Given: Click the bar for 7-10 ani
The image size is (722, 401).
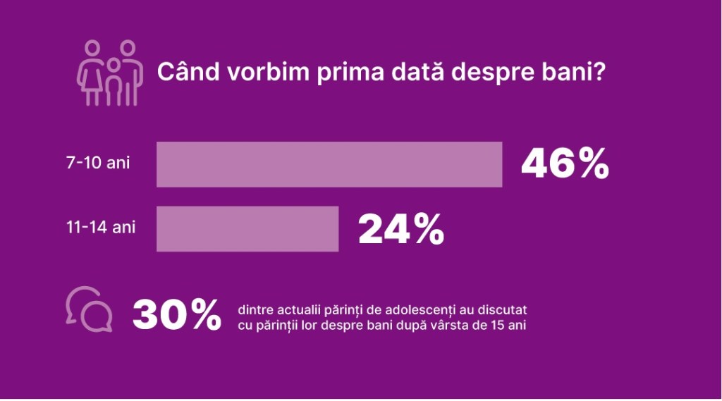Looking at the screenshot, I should point(329,164).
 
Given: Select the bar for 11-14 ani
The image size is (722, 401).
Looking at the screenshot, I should point(247,228).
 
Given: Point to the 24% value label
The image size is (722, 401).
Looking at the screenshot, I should point(401,228).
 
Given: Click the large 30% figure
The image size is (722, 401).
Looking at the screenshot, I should point(177,315).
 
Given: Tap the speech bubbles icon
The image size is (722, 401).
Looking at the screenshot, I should point(89,309).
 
